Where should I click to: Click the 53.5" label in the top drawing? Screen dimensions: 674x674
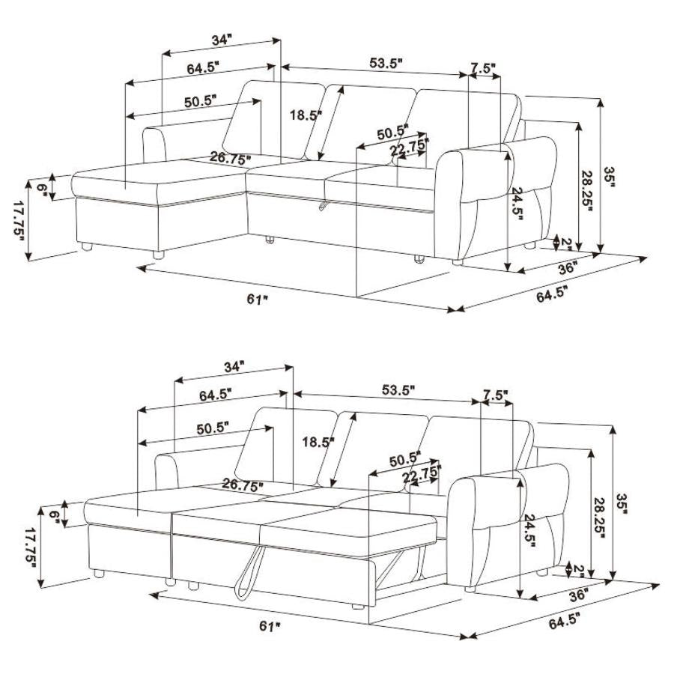coord(386,63)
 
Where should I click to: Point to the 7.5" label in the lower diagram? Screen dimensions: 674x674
coord(496,394)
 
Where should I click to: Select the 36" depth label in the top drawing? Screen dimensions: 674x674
coord(568,268)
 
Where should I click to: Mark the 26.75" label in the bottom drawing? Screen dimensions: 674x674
coord(242,486)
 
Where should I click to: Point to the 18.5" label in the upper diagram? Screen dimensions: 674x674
coord(306,115)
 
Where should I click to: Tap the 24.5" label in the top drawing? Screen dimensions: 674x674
coord(516,202)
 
